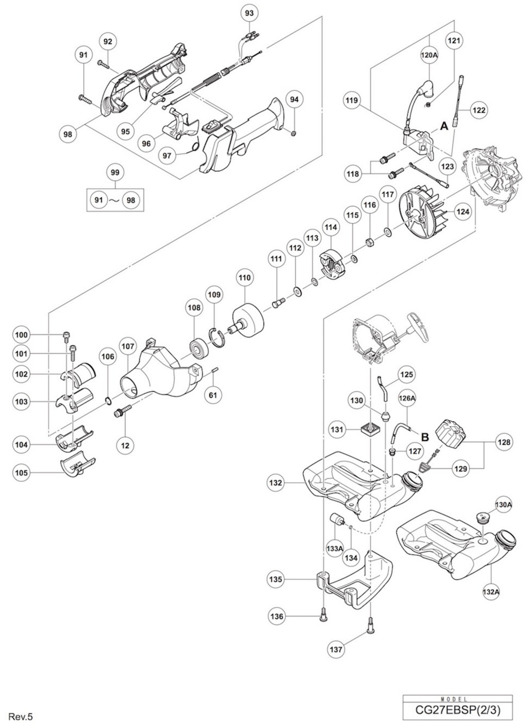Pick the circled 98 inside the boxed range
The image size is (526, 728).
131,200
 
